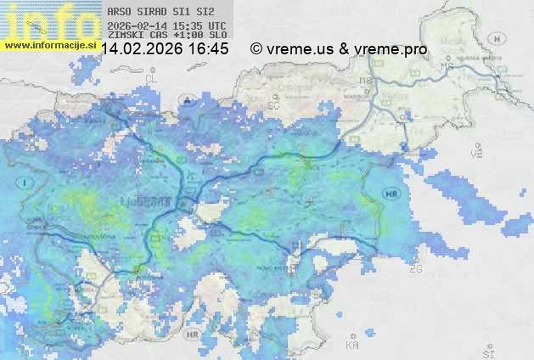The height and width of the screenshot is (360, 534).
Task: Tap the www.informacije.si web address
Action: pyautogui.click(x=49, y=44)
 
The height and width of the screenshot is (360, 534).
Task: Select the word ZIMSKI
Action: pyautogui.click(x=124, y=35)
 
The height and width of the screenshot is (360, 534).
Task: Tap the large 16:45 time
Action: pyautogui.click(x=208, y=49)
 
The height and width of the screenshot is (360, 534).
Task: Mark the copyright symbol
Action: pyautogui.click(x=256, y=49)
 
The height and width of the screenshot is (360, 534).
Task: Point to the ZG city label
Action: pyautogui.click(x=415, y=269)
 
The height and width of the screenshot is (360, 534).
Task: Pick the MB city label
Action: pyautogui.click(x=367, y=82)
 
